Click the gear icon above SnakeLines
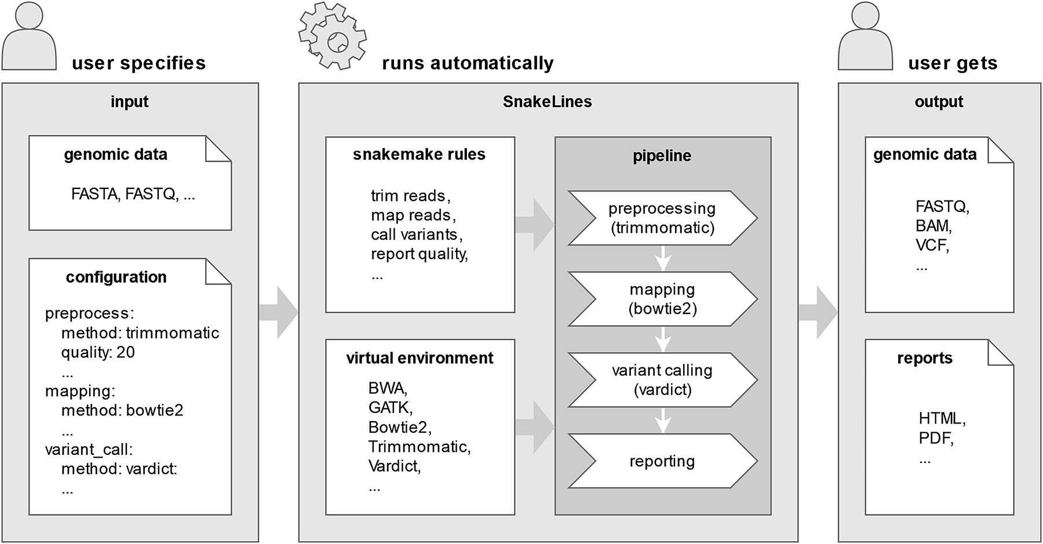point(333,36)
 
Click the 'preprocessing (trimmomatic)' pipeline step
point(662,218)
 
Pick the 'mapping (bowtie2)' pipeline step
point(662,299)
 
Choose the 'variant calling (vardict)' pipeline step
point(662,380)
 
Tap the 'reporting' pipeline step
point(662,461)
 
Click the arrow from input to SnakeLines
point(279,313)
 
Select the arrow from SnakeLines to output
point(818,313)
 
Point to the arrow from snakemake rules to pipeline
point(535,225)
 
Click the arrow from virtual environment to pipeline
point(535,428)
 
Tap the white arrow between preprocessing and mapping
point(663,259)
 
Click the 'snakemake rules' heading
point(419,155)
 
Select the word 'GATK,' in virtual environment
point(390,408)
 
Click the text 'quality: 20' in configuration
point(98,352)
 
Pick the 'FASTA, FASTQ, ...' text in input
point(133,194)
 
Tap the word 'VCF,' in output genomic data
point(932,246)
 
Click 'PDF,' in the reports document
point(936,439)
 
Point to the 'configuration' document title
point(116,278)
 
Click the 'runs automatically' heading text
point(468,63)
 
